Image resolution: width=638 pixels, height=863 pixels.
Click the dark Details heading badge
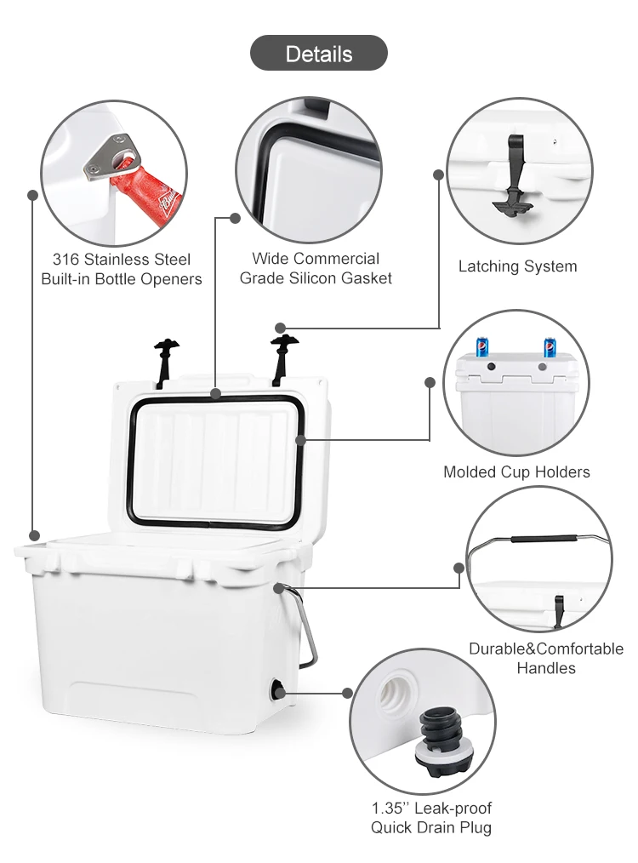(x=318, y=54)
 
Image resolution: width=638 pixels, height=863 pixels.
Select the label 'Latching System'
(x=517, y=266)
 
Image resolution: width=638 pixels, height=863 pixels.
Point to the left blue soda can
(x=482, y=346)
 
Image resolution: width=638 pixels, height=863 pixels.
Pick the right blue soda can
(x=550, y=347)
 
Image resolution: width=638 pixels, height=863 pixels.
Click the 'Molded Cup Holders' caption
(x=516, y=472)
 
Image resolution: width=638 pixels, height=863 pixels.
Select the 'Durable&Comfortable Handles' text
(x=545, y=658)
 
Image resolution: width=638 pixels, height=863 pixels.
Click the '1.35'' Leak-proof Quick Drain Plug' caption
(x=430, y=817)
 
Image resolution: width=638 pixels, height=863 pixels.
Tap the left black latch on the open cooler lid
(x=165, y=357)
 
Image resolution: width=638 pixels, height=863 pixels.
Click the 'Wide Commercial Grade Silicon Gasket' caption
(x=316, y=267)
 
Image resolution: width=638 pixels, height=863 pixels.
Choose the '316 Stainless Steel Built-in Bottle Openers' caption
(x=122, y=268)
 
